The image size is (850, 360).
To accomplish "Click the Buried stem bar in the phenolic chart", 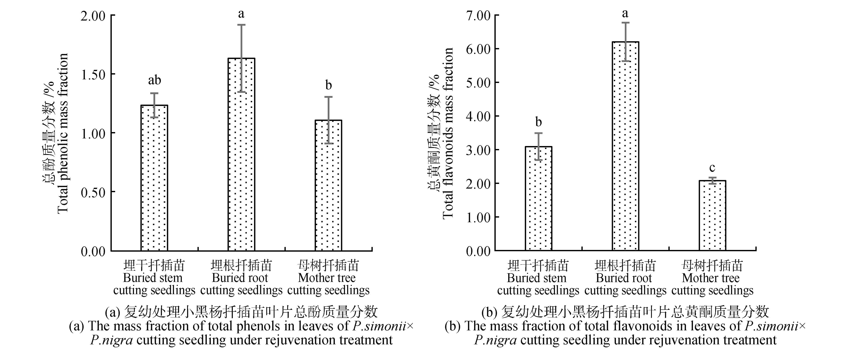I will click(154, 178).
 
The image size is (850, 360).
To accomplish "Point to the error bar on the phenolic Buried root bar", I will click(241, 58).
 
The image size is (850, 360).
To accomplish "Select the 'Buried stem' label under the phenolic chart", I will click(153, 278).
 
